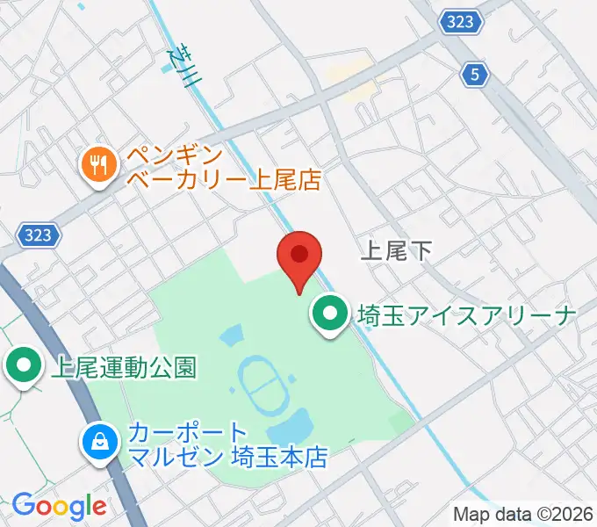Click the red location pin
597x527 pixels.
click(299, 256)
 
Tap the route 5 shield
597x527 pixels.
click(475, 76)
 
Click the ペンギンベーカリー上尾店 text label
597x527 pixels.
click(224, 169)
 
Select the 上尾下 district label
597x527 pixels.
click(397, 252)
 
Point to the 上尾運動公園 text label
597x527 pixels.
click(123, 367)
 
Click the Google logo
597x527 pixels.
click(59, 506)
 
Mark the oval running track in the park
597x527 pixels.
click(261, 383)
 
